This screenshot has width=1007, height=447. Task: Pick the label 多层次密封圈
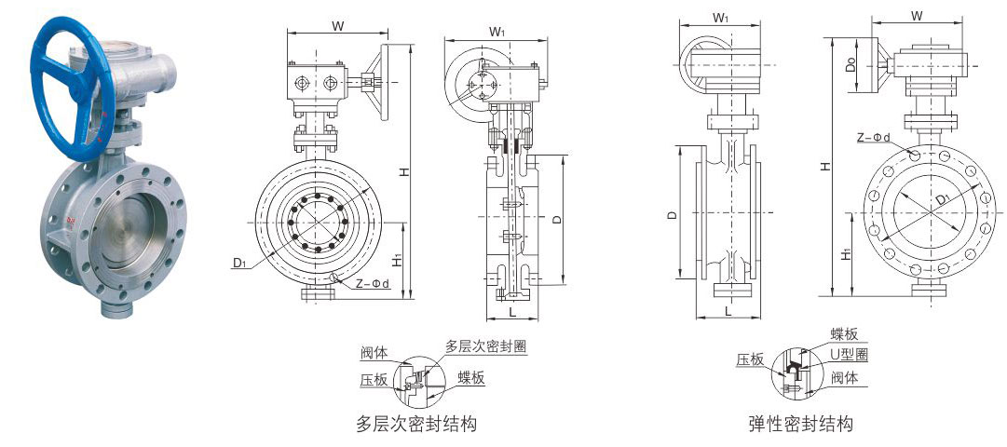pos(486,345)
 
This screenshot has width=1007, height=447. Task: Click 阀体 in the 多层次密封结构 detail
pos(375,353)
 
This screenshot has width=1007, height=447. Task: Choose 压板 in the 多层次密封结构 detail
pos(374,380)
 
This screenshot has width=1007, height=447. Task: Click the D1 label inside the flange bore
pos(942,197)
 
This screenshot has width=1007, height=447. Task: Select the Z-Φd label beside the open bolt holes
pos(874,138)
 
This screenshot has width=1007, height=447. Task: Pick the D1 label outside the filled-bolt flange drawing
pos(239,265)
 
